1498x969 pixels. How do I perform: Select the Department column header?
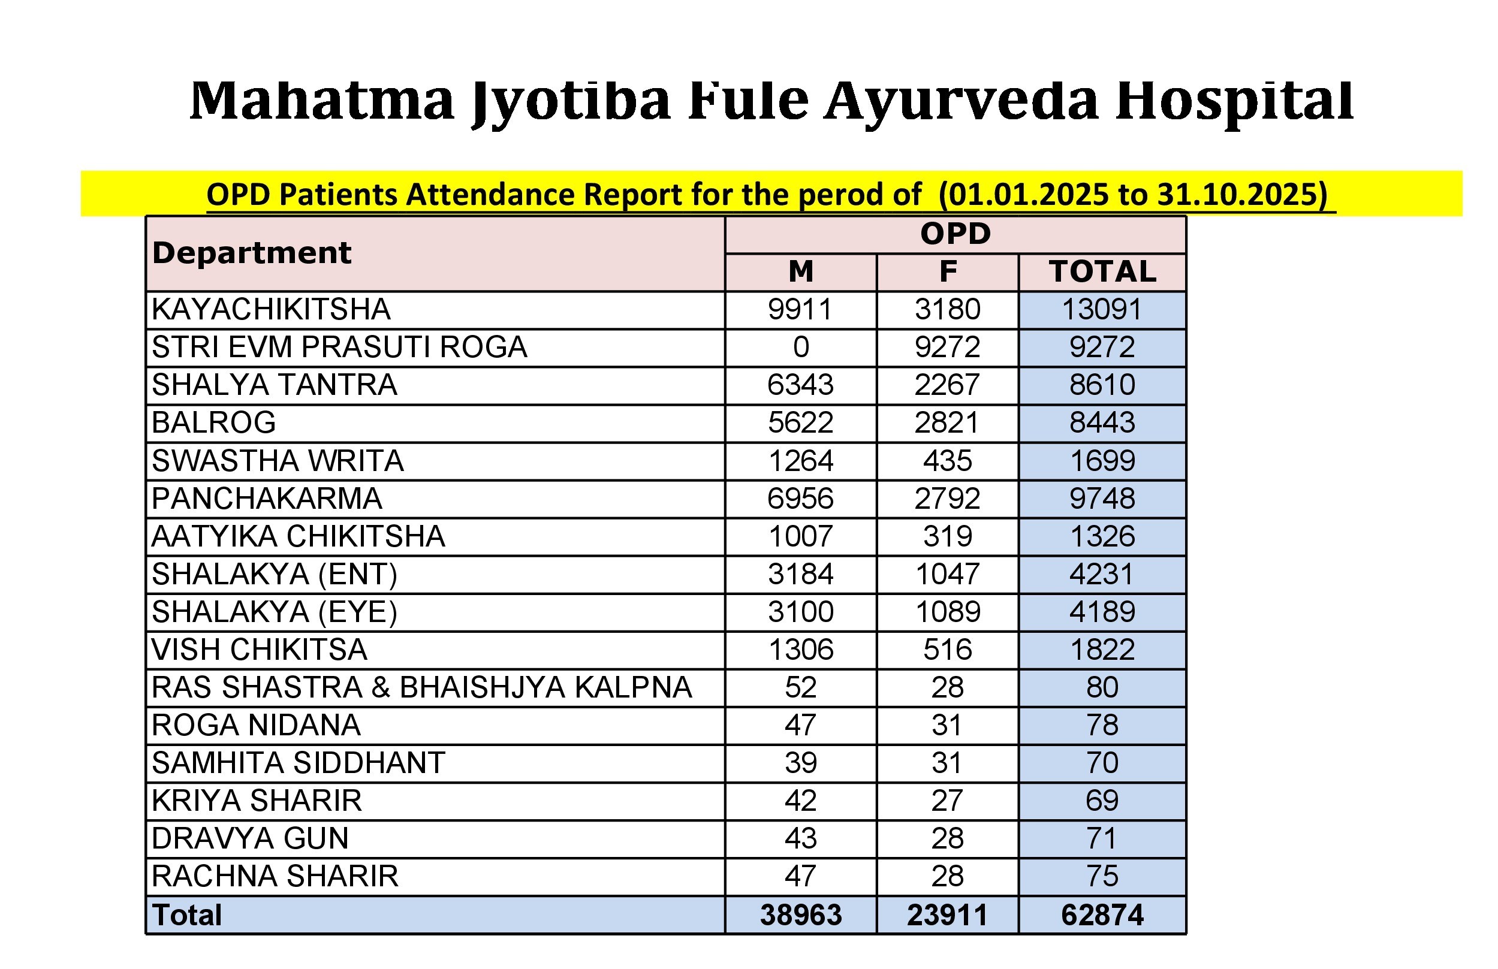tap(251, 253)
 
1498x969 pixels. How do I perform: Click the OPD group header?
tap(955, 234)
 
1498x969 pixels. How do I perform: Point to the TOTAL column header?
tap(1102, 272)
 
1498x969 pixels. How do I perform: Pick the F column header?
tap(947, 272)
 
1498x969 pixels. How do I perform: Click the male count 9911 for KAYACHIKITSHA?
tap(800, 310)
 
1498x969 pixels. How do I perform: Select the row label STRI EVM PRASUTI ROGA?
tap(339, 348)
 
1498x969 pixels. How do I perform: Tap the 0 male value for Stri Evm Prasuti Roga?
tap(801, 348)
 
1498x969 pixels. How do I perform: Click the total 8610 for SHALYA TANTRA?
tap(1102, 385)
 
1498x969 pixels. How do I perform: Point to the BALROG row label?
tap(213, 423)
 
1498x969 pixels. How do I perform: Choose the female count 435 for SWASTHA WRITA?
tap(947, 461)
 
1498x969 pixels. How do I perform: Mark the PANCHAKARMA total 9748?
tap(1102, 499)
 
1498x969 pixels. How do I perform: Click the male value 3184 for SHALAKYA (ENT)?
tap(800, 575)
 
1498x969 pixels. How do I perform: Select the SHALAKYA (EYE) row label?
tap(275, 612)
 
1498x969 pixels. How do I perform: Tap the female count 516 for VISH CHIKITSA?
tap(947, 650)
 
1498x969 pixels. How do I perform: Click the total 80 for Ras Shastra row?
tap(1102, 688)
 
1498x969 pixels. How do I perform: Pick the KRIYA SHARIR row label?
tap(257, 801)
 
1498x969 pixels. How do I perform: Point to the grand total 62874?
tap(1102, 916)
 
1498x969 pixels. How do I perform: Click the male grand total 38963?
tap(800, 916)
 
